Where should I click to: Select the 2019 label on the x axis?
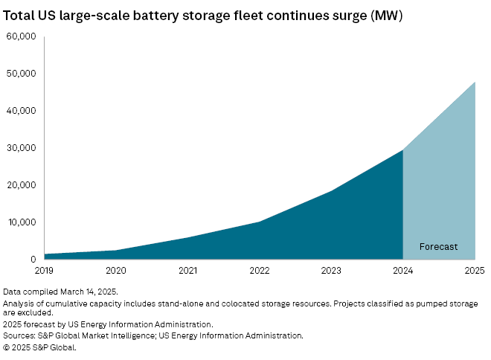44,271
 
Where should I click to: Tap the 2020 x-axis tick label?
115,271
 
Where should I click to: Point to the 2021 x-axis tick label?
187,271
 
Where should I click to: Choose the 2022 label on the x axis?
259,271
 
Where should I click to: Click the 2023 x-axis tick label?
331,271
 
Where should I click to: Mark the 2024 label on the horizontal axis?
402,271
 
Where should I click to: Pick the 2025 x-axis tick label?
474,271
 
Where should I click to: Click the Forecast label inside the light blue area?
438,246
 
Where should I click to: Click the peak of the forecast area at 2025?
475,82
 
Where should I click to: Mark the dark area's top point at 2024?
402,150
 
